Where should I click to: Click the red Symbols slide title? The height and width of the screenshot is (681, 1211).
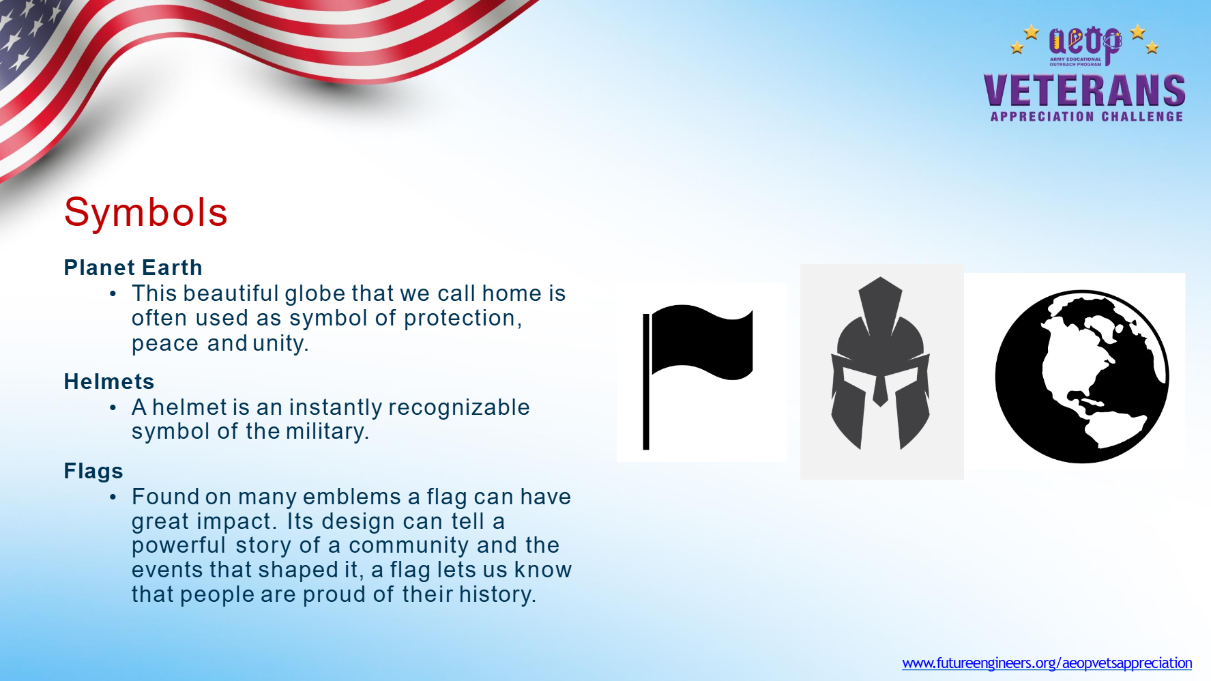point(145,212)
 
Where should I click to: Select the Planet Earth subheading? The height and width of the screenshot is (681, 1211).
point(133,267)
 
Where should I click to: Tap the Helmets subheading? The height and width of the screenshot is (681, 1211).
point(109,381)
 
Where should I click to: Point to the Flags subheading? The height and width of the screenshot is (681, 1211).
point(93,471)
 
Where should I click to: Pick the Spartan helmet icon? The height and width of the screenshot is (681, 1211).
point(880,363)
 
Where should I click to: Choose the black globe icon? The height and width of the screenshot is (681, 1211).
point(1082,377)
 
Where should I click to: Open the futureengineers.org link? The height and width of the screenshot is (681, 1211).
point(1047,663)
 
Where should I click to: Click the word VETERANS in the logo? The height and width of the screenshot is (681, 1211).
point(1084,91)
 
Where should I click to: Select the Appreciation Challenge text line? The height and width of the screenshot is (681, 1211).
point(1087,117)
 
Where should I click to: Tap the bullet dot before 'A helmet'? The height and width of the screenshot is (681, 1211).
point(113,407)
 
